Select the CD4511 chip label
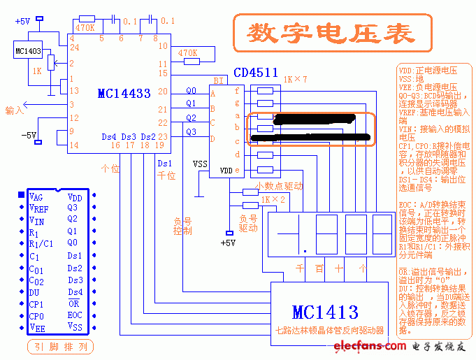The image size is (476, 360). [256, 73]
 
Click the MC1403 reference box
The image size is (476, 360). [28, 51]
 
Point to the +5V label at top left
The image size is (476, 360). [22, 21]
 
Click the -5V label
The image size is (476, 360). [29, 134]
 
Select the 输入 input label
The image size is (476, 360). [14, 110]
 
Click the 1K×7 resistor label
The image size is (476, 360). [294, 80]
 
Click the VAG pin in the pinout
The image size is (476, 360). [36, 198]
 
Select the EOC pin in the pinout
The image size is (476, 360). [74, 315]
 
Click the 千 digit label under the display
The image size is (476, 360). [300, 268]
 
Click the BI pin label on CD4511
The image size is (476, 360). [219, 80]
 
